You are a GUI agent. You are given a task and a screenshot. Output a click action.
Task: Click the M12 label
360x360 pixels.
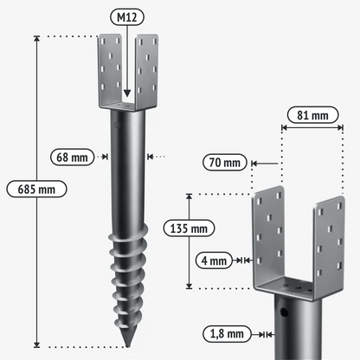(127, 17)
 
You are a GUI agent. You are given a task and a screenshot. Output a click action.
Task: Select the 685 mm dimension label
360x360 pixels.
(36, 190)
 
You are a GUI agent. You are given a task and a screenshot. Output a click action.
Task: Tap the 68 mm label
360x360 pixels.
(73, 157)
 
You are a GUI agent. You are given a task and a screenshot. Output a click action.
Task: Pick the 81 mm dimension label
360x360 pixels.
(312, 115)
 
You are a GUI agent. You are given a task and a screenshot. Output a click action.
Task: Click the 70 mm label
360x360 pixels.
(225, 163)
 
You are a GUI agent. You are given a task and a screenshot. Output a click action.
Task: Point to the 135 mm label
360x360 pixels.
(189, 228)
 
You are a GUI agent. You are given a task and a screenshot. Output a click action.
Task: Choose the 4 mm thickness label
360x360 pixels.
(214, 260)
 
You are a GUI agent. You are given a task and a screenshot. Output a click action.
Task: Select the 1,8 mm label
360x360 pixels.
(227, 334)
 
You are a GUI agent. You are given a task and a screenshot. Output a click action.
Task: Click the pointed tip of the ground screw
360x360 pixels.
(127, 345)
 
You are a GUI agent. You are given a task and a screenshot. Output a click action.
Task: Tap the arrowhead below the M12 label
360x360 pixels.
(127, 93)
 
